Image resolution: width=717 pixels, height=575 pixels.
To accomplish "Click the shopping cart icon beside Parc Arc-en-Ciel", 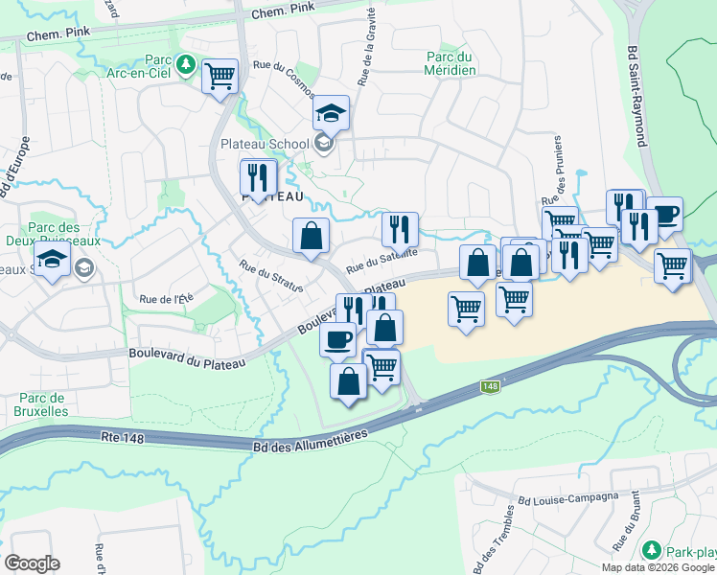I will click(x=220, y=75).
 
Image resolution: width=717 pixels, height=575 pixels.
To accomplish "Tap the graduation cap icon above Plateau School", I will click(x=332, y=114).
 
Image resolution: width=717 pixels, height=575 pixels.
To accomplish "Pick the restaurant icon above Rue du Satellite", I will click(x=400, y=229).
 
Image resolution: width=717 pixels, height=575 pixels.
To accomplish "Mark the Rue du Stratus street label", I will click(x=271, y=275).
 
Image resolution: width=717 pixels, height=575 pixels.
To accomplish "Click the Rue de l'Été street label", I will click(x=167, y=299).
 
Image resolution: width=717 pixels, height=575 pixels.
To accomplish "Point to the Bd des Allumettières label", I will click(x=311, y=436).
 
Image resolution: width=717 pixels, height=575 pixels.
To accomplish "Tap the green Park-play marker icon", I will click(x=652, y=551).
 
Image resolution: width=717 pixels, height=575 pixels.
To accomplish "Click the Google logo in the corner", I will click(x=33, y=563).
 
